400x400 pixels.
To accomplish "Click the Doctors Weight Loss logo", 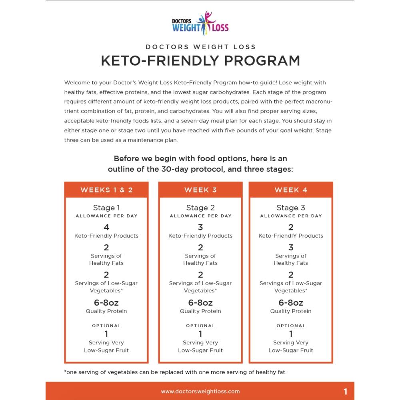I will [x=200, y=24].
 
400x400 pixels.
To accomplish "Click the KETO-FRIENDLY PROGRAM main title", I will [x=200, y=60].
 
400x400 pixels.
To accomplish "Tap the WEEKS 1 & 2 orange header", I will [x=106, y=190].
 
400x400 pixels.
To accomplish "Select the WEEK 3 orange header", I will [x=200, y=190].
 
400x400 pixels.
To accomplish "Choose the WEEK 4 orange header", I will [x=291, y=190].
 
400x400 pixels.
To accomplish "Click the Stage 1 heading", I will [x=106, y=208].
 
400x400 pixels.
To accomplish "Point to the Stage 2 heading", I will [x=200, y=208].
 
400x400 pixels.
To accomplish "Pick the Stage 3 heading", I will [x=291, y=208].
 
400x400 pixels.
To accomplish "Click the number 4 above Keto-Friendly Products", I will [x=106, y=227].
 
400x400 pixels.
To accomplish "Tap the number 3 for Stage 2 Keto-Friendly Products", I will [x=200, y=227].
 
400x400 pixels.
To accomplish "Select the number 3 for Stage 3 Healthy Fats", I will [x=291, y=247].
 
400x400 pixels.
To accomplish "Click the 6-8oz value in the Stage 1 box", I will [x=106, y=302].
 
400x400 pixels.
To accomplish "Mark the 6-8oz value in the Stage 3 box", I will [x=291, y=302].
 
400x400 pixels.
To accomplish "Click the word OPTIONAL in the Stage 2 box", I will [x=200, y=326].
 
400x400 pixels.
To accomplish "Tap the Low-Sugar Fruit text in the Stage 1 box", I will [x=106, y=350].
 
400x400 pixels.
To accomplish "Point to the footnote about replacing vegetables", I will [x=175, y=372].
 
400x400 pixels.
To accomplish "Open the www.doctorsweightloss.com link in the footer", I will [x=200, y=392].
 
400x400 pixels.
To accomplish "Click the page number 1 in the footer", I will [x=346, y=392].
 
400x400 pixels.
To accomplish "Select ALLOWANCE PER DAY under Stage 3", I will [x=291, y=216].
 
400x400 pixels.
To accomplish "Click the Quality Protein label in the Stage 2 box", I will [x=200, y=311].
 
